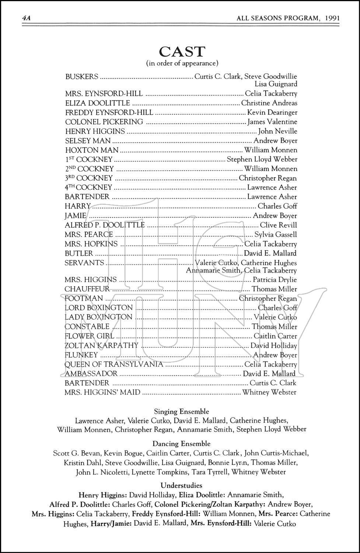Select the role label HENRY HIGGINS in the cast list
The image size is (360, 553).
pyautogui.click(x=95, y=131)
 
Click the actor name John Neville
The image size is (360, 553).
pyautogui.click(x=277, y=131)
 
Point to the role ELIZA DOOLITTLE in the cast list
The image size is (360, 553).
pyautogui.click(x=98, y=103)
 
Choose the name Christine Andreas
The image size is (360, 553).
pyautogui.click(x=269, y=103)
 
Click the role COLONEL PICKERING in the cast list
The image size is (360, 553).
pyautogui.click(x=104, y=122)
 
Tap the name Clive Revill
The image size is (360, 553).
pyautogui.click(x=278, y=225)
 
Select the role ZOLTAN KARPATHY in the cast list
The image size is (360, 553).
pyautogui.click(x=101, y=345)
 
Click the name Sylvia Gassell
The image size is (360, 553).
pyautogui.click(x=276, y=234)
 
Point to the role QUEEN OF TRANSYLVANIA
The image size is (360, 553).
pyautogui.click(x=113, y=364)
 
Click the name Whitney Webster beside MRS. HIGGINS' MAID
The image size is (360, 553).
pyautogui.click(x=269, y=392)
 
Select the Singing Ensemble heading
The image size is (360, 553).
pyautogui.click(x=181, y=411)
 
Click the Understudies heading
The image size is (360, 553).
pyautogui.click(x=181, y=486)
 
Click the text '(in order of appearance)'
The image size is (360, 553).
pyautogui.click(x=182, y=63)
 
